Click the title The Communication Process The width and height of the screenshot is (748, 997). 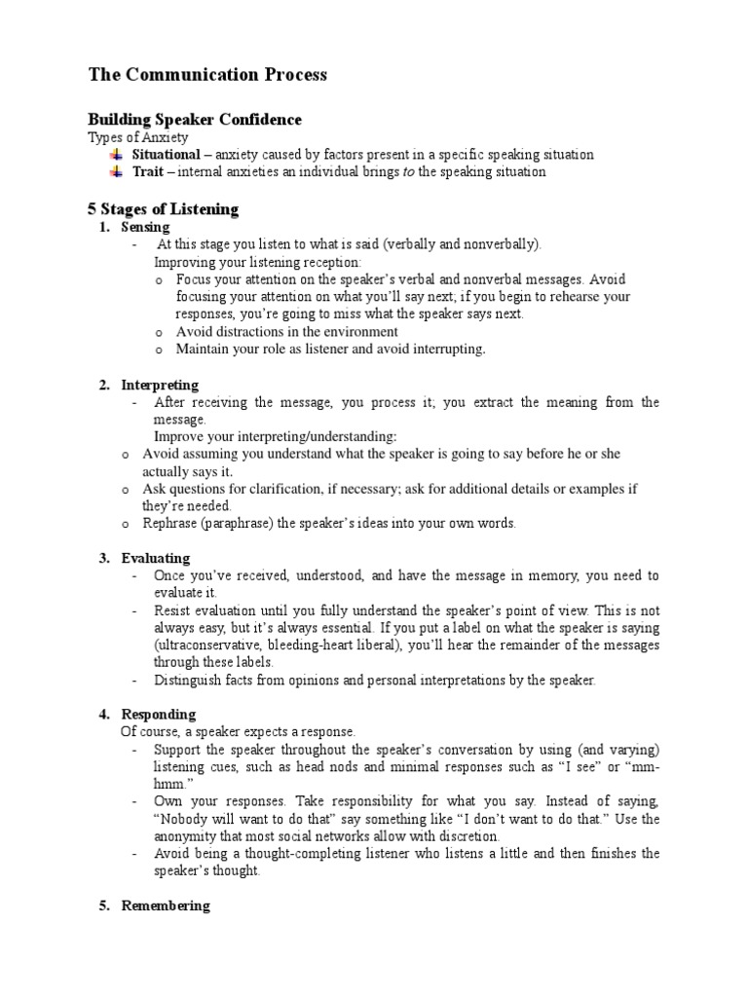pos(207,75)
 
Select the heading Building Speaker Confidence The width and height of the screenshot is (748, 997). pos(195,120)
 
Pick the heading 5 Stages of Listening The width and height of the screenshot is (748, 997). pos(164,209)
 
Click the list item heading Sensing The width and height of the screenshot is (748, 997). pos(145,227)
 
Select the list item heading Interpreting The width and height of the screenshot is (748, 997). pos(160,386)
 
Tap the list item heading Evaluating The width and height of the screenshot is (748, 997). pos(156,559)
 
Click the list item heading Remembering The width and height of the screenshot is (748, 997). pos(166,905)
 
